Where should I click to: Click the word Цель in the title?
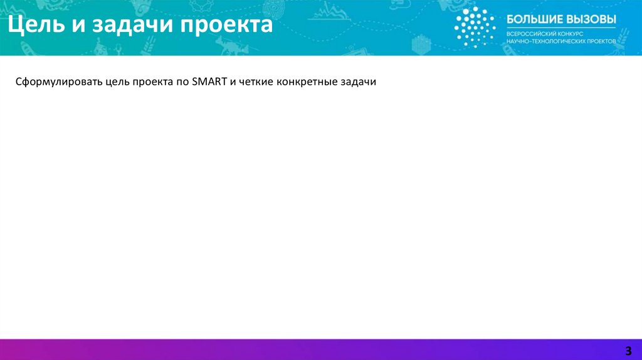click(x=36, y=24)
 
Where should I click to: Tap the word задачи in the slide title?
click(x=132, y=25)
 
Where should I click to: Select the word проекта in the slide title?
click(x=226, y=26)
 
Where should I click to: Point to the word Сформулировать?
click(x=59, y=82)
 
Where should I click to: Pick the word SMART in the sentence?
click(x=209, y=82)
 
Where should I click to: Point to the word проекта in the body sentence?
click(x=153, y=82)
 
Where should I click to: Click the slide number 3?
click(x=628, y=351)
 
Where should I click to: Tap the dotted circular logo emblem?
click(x=475, y=27)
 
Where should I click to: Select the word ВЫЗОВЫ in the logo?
click(x=588, y=19)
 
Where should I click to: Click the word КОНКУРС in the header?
click(x=569, y=34)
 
